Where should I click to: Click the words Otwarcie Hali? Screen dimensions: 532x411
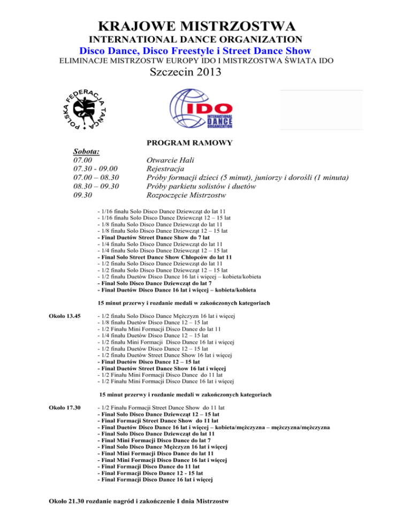170,160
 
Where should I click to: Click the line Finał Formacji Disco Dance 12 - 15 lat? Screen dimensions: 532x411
150,473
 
